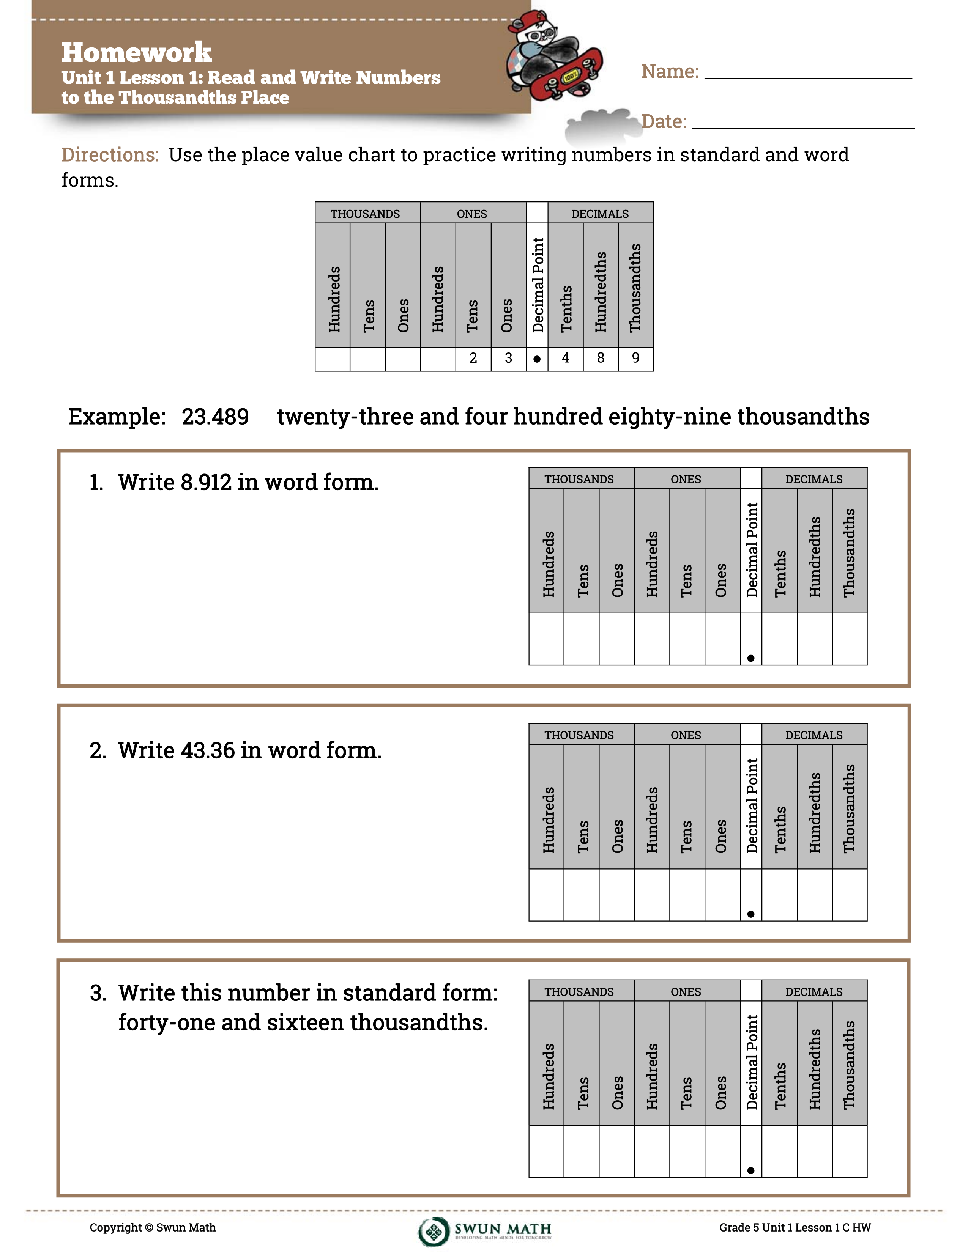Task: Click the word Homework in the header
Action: [x=137, y=52]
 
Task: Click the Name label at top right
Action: [x=670, y=72]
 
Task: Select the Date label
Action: [x=664, y=121]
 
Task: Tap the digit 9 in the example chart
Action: [x=635, y=358]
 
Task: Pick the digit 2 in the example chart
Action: [x=473, y=358]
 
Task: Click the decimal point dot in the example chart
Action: [x=537, y=359]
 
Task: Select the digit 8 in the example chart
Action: [x=601, y=358]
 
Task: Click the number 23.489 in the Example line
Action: [x=215, y=417]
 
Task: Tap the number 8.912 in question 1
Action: [x=206, y=483]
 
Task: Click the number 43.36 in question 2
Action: [x=208, y=750]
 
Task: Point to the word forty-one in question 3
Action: [x=166, y=1023]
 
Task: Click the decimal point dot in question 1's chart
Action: [x=750, y=658]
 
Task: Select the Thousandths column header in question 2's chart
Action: [x=849, y=808]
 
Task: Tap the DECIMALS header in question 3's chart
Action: [x=814, y=992]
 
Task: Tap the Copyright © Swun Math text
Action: [x=153, y=1227]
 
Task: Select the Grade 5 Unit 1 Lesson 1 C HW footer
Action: [x=795, y=1227]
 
